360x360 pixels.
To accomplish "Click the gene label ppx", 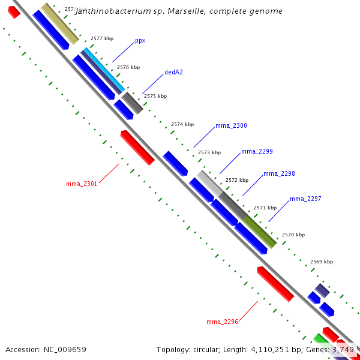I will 140,41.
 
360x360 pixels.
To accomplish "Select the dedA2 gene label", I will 173,73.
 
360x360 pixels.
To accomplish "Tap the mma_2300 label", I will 231,126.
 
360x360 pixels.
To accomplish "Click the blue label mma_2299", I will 257,152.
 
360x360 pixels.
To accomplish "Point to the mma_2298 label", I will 279,174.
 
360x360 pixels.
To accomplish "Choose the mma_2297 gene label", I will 305,199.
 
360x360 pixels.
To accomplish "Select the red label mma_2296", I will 223,322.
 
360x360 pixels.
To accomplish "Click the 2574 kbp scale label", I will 182,125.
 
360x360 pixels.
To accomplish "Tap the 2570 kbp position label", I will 293,235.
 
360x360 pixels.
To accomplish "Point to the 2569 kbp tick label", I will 321,262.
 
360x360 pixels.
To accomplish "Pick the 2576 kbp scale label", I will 128,68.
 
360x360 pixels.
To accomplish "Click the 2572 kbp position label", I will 236,180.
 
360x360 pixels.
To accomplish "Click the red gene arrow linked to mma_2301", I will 137,147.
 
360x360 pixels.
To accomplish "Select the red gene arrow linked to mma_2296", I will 275,284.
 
